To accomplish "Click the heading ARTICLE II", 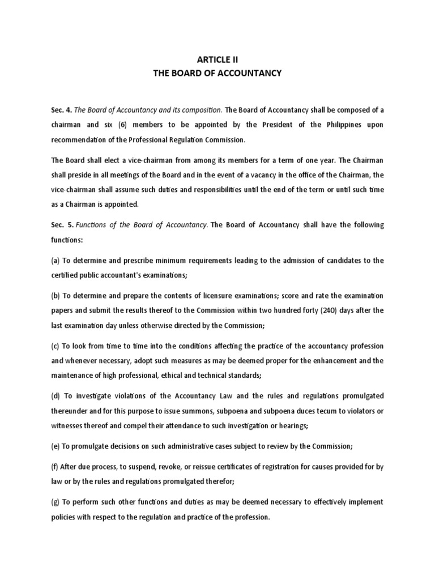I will coord(217,58).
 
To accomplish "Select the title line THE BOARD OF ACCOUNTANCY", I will coord(217,72).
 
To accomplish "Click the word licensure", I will coord(220,295).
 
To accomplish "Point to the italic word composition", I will coord(200,109).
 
